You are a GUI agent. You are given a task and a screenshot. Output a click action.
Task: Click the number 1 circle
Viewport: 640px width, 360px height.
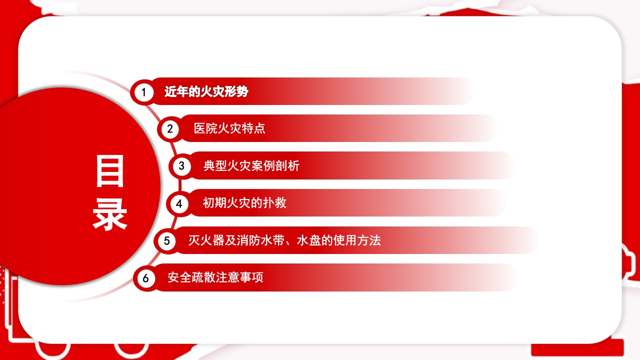(144, 92)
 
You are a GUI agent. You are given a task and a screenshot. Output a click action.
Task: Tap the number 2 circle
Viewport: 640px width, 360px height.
(170, 129)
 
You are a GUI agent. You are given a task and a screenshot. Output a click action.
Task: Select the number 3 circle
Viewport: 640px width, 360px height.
(181, 166)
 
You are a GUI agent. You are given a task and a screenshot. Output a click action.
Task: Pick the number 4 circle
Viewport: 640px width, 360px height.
(179, 203)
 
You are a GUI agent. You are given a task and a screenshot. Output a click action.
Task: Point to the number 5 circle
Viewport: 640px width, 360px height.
(166, 241)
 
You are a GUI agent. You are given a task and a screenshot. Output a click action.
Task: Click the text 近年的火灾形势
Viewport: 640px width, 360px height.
(206, 92)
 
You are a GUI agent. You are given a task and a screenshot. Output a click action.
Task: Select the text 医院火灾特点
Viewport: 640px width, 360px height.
(229, 128)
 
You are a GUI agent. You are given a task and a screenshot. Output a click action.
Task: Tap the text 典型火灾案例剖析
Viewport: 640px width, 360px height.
(251, 165)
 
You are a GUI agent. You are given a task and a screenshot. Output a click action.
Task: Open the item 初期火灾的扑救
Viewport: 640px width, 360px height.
(244, 202)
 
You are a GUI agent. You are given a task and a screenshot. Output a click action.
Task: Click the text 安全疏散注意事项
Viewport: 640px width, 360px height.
(215, 277)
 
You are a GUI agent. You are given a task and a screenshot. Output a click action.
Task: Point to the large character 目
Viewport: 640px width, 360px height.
(110, 171)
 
